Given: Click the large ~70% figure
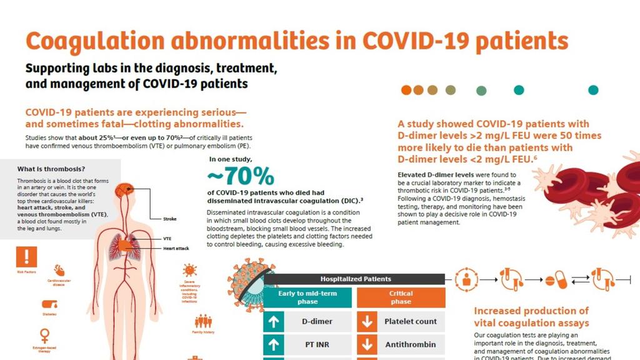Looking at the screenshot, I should (x=241, y=176).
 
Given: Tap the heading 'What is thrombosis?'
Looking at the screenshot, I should (x=51, y=169).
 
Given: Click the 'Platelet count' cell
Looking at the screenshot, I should (x=410, y=322).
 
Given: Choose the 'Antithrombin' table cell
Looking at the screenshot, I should (x=410, y=344).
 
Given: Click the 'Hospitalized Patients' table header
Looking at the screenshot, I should (x=356, y=279).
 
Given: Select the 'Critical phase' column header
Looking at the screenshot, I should (x=401, y=297).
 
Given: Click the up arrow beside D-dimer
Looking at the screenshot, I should (x=273, y=322).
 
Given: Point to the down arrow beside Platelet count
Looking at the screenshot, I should (x=367, y=322).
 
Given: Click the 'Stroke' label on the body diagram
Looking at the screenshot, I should (x=170, y=219).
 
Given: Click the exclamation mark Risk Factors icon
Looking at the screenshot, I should (x=27, y=256).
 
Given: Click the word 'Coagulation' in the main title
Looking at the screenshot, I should (x=92, y=41).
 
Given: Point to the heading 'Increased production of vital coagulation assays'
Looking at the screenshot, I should (x=531, y=317).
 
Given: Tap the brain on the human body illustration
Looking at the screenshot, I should (x=127, y=189).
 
